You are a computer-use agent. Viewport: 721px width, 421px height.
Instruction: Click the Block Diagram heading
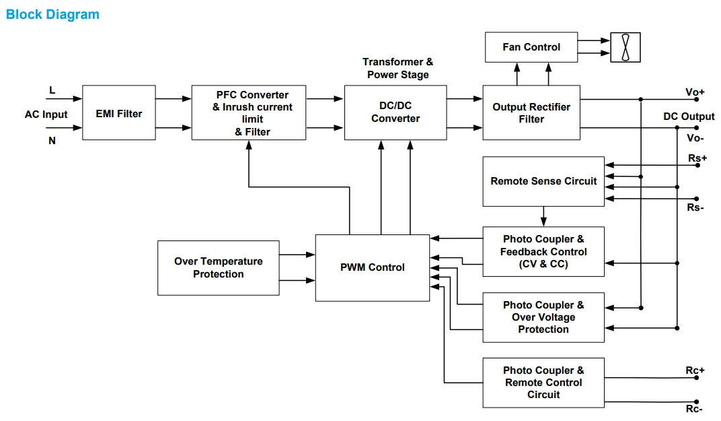coord(52,14)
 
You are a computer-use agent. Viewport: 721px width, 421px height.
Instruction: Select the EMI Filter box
coord(119,112)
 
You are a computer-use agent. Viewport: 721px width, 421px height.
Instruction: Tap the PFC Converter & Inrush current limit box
coord(249,112)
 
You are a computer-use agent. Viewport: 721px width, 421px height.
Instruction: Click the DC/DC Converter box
coord(395,112)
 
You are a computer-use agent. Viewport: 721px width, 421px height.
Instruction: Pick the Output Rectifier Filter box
coord(531,112)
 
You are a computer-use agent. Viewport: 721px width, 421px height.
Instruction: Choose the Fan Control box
coord(531,47)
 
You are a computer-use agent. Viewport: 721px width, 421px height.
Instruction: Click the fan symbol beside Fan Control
coord(625,47)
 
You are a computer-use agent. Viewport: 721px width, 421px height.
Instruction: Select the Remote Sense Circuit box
coord(543,181)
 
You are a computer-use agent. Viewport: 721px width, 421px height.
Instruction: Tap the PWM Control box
coord(373,267)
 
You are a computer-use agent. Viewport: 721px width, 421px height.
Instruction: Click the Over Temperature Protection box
coord(219,267)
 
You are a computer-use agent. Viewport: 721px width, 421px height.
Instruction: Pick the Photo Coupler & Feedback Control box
coord(543,251)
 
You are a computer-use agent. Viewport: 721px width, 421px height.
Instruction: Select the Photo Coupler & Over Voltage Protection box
coord(543,317)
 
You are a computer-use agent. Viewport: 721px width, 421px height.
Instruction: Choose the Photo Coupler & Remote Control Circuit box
coord(543,383)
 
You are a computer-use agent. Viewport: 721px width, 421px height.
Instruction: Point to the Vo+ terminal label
coord(695,92)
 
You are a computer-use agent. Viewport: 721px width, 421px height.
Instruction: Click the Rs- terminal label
coord(695,207)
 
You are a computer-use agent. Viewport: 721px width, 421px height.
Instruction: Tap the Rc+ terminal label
coord(695,370)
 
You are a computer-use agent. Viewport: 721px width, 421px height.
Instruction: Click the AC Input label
coord(46,115)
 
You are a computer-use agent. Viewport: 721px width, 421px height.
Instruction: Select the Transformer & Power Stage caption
coord(397,68)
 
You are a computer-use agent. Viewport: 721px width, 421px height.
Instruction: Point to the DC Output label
coord(689,117)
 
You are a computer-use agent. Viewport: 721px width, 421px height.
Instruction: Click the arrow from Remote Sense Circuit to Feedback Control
coord(543,216)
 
